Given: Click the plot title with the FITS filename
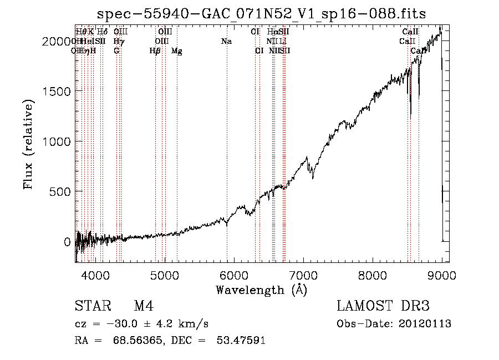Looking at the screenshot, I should pyautogui.click(x=261, y=14).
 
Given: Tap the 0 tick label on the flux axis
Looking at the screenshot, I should pyautogui.click(x=67, y=242).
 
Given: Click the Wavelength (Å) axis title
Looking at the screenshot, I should pyautogui.click(x=261, y=290).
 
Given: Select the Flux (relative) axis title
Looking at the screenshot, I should pyautogui.click(x=28, y=144).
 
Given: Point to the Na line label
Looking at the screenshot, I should pyautogui.click(x=226, y=42).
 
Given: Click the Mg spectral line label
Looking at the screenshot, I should pyautogui.click(x=176, y=51).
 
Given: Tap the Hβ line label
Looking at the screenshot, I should pyautogui.click(x=155, y=51).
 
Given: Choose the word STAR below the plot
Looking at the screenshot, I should pyautogui.click(x=89, y=306).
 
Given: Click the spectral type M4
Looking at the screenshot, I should pyautogui.click(x=144, y=306).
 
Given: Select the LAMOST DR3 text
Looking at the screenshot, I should pyautogui.click(x=383, y=306).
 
